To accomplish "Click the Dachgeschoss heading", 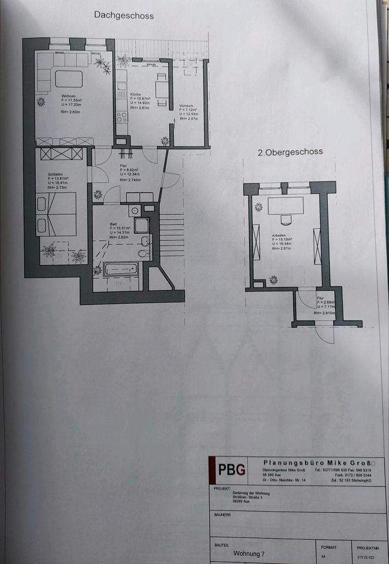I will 123,16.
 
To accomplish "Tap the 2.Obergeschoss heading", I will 290,152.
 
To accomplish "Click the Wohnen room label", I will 69,95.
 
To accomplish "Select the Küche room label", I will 135,94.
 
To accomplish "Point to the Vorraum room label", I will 187,106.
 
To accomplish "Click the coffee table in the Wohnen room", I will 69,78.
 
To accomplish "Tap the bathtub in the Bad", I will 121,270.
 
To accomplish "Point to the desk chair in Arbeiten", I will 286,220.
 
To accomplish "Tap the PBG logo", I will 228,470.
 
